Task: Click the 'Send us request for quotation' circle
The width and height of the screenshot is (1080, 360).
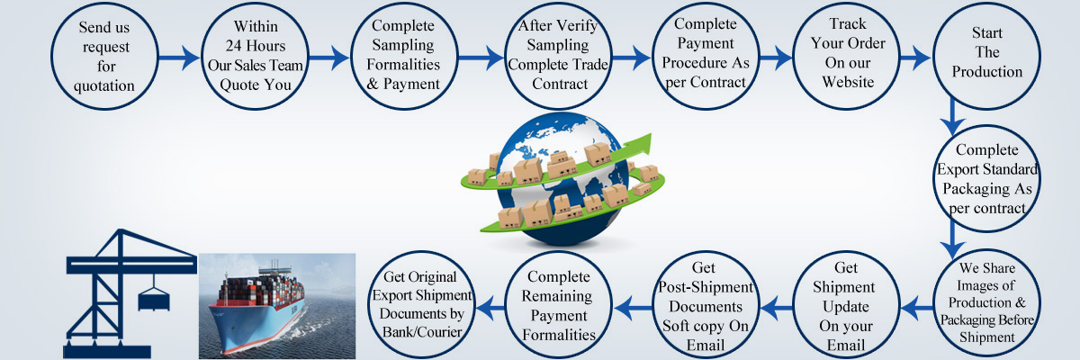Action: coord(106,58)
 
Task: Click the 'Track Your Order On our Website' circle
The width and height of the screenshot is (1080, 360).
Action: coord(847,58)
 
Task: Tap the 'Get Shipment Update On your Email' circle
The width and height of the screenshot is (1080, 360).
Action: coord(847,301)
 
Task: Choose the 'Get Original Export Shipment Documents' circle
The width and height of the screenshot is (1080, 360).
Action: coord(420,301)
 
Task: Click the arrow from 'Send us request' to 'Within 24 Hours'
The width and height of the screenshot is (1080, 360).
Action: coord(180,58)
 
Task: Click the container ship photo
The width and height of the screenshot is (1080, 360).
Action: coord(276,305)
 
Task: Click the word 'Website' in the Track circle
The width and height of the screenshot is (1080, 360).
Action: coord(847,83)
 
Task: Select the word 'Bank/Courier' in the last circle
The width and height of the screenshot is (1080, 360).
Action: coord(420,333)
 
